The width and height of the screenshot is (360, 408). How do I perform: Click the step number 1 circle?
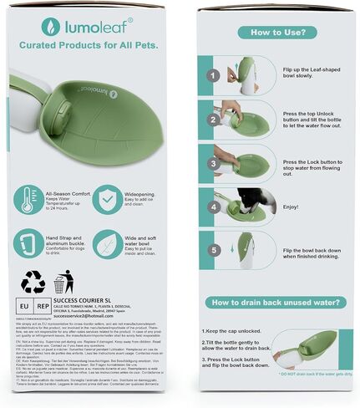(213, 75)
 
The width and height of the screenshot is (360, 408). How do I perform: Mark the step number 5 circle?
(213, 249)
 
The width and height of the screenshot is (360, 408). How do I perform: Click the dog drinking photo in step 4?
(248, 203)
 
